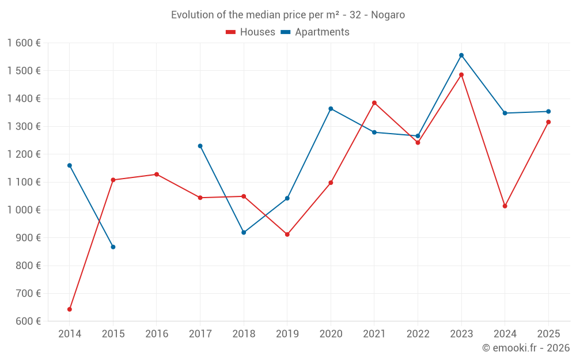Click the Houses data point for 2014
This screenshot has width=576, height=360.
pyautogui.click(x=70, y=309)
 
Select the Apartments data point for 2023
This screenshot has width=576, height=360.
pyautogui.click(x=461, y=55)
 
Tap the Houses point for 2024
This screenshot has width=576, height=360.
pyautogui.click(x=505, y=206)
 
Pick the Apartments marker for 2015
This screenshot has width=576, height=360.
pyautogui.click(x=113, y=247)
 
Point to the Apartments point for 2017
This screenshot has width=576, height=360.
pyautogui.click(x=200, y=146)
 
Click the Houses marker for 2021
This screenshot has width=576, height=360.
pyautogui.click(x=374, y=103)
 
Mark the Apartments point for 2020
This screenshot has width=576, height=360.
pyautogui.click(x=331, y=109)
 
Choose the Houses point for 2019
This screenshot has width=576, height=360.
pyautogui.click(x=287, y=234)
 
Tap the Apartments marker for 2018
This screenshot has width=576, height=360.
pyautogui.click(x=244, y=233)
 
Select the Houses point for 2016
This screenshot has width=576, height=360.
pyautogui.click(x=157, y=175)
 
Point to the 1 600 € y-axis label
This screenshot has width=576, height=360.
pyautogui.click(x=24, y=43)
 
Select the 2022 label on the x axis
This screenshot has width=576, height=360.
pyautogui.click(x=418, y=334)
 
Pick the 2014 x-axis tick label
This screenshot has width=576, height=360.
pyautogui.click(x=70, y=334)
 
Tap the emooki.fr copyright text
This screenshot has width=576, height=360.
pyautogui.click(x=526, y=348)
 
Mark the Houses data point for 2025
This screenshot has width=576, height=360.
pyautogui.click(x=548, y=122)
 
